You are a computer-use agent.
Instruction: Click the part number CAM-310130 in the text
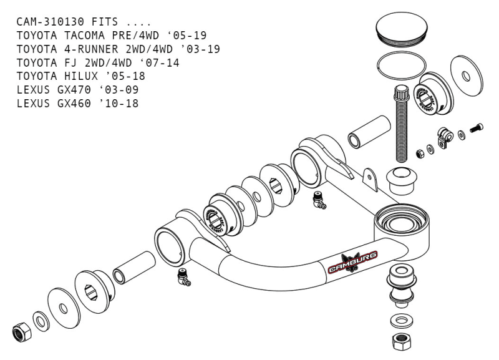[x=50, y=22]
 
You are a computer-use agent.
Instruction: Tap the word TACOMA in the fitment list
[x=80, y=36]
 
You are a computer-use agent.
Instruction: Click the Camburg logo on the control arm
[x=354, y=264]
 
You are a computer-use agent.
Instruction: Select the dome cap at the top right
[x=402, y=31]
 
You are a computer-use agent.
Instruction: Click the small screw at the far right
[x=477, y=129]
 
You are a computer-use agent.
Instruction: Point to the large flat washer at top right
[x=466, y=75]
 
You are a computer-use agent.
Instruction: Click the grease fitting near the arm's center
[x=319, y=200]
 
